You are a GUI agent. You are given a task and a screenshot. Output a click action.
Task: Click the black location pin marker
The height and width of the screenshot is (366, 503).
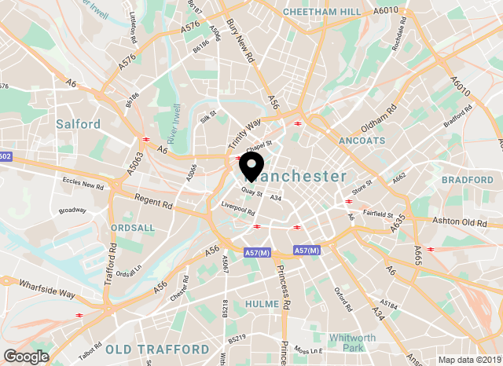(251, 166)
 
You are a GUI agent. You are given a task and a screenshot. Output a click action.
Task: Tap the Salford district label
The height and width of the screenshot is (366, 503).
(78, 124)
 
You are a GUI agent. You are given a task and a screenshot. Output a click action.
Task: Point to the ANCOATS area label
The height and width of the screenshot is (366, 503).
(361, 141)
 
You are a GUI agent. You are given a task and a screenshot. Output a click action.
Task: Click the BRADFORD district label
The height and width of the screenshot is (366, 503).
(466, 180)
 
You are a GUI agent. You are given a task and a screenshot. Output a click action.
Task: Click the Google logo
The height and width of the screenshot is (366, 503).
(26, 356)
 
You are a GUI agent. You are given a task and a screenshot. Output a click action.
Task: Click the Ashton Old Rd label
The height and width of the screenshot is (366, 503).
(459, 223)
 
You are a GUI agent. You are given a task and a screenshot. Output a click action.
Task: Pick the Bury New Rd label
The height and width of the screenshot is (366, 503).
(240, 42)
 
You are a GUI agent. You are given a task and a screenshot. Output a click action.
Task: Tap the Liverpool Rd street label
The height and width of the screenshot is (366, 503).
(238, 210)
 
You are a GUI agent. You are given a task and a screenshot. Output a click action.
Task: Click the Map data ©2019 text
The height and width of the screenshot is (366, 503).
(468, 360)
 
